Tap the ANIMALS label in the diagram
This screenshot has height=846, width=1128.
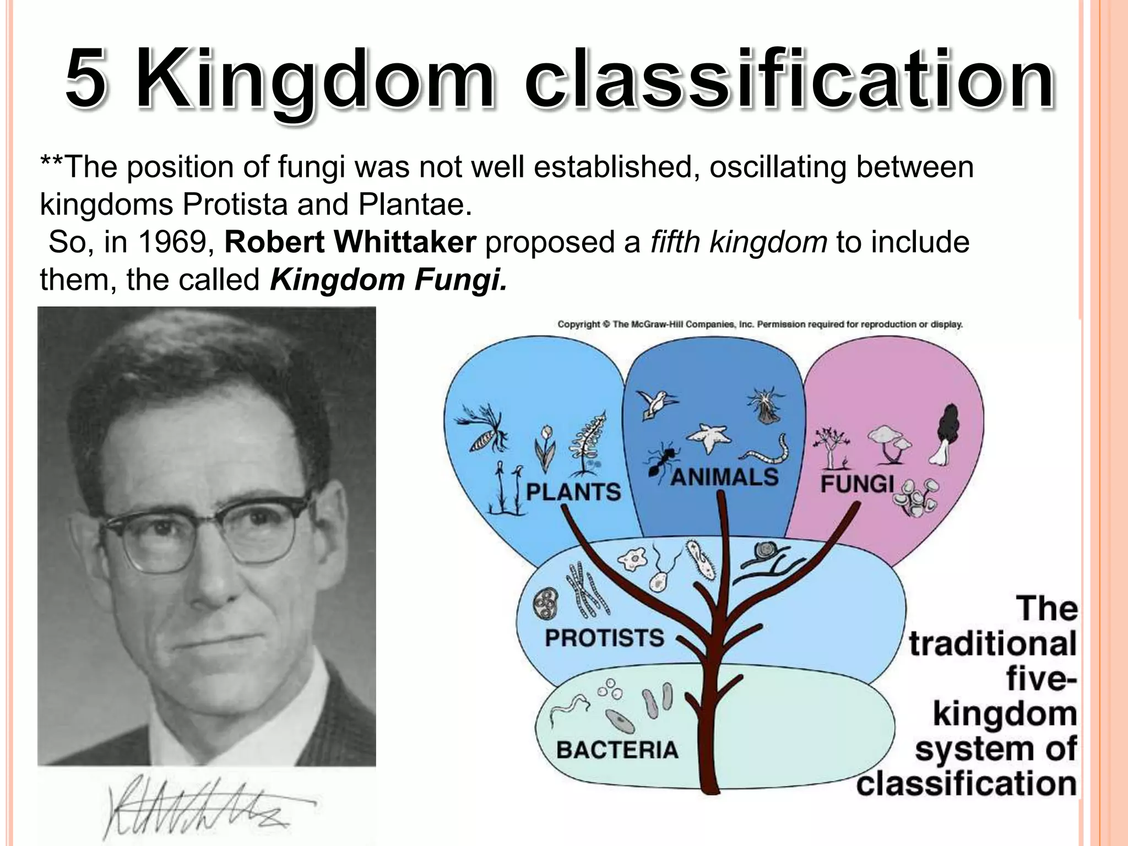724,478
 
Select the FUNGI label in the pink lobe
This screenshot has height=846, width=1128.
857,484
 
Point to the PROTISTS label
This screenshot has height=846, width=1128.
604,638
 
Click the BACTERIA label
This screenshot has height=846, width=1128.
617,750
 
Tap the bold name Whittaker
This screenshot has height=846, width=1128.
404,242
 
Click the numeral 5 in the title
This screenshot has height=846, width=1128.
85,80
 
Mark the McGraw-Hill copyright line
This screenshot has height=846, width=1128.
760,324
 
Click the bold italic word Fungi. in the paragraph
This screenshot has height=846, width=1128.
460,280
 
